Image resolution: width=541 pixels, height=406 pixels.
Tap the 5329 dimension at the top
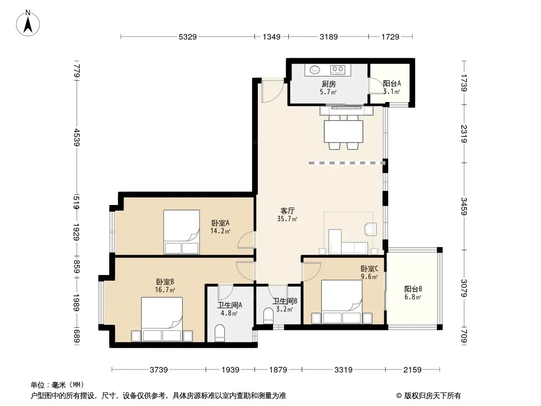(188, 37)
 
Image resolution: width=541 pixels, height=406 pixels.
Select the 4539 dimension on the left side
(77, 138)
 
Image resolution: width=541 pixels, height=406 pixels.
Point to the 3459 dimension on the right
(464, 206)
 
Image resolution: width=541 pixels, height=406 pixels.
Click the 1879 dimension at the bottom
(278, 370)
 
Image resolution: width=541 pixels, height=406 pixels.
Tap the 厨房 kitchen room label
(328, 84)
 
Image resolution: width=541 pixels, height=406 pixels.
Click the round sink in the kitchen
(315, 70)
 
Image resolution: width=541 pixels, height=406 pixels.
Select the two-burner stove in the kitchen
(338, 70)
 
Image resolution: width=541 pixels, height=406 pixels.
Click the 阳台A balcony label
(392, 83)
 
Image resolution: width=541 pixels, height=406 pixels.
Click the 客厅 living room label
(287, 211)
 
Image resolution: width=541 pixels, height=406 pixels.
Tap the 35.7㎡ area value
(287, 219)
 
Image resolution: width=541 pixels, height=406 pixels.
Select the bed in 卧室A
(182, 232)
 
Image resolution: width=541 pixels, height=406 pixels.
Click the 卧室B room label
(165, 282)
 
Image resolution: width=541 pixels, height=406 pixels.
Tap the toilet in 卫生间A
(219, 333)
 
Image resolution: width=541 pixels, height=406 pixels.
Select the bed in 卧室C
(342, 302)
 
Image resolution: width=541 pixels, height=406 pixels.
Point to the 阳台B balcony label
(413, 289)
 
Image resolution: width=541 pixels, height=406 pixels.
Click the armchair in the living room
(370, 229)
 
